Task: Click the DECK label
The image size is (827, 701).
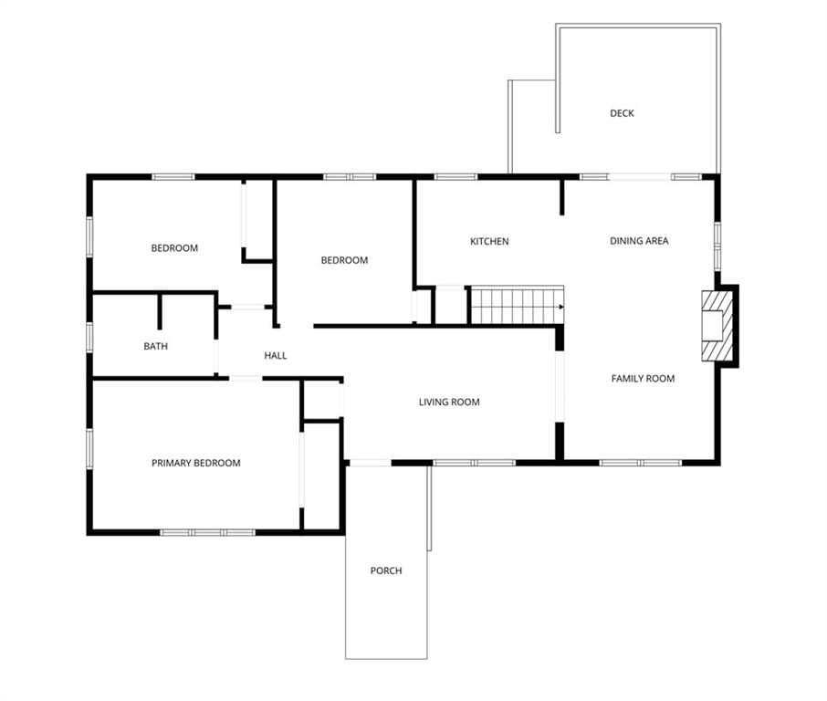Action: click(622, 113)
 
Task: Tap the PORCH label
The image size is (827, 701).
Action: click(386, 570)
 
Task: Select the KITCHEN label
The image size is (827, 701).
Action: click(489, 241)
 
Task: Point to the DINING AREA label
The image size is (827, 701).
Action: click(639, 241)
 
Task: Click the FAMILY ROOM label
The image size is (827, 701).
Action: click(643, 378)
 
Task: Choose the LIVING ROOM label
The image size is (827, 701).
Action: click(449, 402)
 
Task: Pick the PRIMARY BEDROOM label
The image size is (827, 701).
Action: click(196, 463)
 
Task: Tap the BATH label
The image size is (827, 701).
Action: click(155, 346)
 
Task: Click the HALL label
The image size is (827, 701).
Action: click(276, 355)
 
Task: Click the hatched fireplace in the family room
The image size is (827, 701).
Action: click(717, 326)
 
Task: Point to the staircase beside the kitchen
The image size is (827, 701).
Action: click(518, 306)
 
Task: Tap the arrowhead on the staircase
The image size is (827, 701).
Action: click(561, 307)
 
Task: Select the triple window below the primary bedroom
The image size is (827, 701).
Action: click(208, 532)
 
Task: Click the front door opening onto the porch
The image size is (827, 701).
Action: click(371, 463)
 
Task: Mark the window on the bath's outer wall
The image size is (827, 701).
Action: click(89, 337)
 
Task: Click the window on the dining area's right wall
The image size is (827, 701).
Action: click(717, 246)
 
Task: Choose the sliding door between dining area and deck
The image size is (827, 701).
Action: click(640, 177)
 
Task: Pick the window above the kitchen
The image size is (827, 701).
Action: click(456, 177)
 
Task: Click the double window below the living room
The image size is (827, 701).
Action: click(474, 463)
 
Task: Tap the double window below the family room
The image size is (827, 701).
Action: click(640, 463)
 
